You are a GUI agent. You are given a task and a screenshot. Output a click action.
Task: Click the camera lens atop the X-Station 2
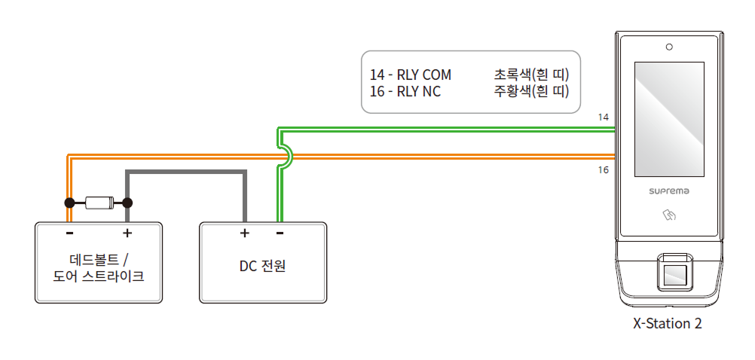tap(668, 47)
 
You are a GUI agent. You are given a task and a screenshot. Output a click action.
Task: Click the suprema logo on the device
tap(669, 191)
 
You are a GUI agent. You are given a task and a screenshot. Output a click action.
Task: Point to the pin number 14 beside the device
tap(603, 117)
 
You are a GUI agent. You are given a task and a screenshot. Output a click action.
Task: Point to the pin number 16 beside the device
tap(603, 170)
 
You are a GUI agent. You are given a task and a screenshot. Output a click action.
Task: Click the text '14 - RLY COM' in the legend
tap(410, 75)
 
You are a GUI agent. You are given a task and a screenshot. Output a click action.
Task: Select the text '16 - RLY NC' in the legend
tap(405, 92)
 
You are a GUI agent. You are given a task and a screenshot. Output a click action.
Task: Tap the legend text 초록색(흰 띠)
tap(530, 75)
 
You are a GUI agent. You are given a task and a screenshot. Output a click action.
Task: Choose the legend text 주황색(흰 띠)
tap(530, 92)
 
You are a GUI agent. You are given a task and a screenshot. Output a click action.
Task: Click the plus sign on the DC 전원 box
tap(244, 233)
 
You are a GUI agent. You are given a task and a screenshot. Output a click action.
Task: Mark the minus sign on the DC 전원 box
tap(280, 233)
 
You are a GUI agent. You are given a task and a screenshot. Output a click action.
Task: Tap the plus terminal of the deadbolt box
tap(127, 233)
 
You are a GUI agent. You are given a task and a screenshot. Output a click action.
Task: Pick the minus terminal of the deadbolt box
tap(69, 233)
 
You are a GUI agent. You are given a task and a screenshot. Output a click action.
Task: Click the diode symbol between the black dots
tap(99, 203)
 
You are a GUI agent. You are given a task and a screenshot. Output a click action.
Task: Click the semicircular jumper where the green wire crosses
tap(287, 156)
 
